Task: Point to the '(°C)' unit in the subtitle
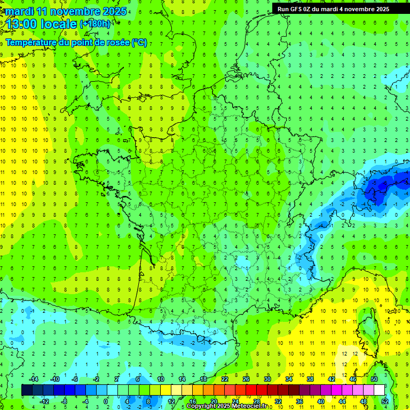tap(139, 43)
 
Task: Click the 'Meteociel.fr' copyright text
tap(252, 406)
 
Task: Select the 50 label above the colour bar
tap(374, 379)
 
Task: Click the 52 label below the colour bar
tap(385, 401)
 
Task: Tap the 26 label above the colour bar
tap(246, 379)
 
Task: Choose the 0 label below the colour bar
tap(106, 401)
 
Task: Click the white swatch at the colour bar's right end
tap(379, 390)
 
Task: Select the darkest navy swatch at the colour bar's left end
tap(27, 390)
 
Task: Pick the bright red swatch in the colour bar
tap(251, 390)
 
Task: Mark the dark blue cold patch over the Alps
tap(382, 187)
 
